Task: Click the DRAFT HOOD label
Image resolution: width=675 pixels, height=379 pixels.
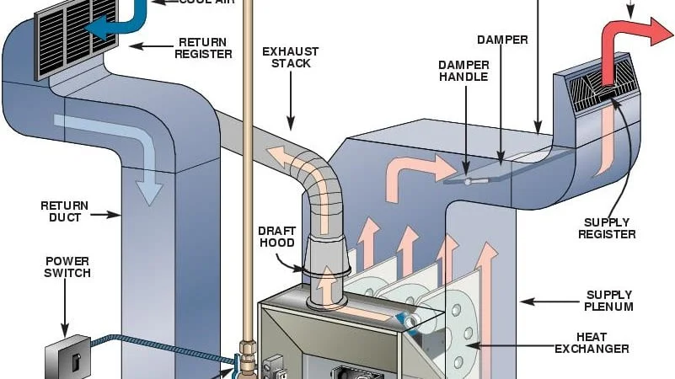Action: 276,236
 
